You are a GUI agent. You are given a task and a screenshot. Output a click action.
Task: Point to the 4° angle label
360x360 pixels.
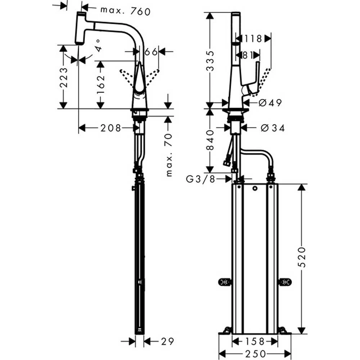pos(98,46)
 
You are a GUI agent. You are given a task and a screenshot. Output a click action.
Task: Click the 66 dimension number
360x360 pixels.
pos(151,52)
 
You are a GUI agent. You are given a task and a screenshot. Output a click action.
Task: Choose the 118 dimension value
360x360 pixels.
pos(253,39)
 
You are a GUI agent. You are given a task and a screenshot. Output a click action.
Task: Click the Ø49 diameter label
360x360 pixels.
pos(270,103)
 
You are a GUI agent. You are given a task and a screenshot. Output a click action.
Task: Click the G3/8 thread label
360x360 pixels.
pos(201,179)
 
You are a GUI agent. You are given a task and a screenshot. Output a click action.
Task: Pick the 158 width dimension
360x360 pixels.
pos(255,341)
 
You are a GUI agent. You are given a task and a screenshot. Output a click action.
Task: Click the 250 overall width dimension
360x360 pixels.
pos(255,354)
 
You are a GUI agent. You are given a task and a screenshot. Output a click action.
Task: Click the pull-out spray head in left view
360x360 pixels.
pos(80,28)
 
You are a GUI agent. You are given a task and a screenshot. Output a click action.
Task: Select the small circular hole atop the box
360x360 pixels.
pos(255,189)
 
